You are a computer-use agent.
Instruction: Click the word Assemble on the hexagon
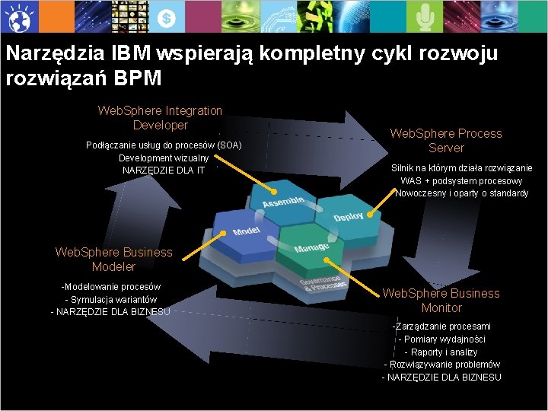282,202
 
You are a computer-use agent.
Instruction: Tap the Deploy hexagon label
348,217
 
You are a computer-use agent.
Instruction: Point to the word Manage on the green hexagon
311,247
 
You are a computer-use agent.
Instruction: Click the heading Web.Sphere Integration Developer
160,117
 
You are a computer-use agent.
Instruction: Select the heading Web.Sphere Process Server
446,140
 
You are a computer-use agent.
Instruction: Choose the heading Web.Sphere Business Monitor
441,300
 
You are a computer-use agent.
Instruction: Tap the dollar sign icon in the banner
168,17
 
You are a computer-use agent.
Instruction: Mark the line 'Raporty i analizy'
441,352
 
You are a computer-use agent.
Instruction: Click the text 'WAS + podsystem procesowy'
462,180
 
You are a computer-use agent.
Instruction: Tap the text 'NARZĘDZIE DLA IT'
163,170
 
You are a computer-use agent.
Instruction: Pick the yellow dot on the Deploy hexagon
371,215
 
